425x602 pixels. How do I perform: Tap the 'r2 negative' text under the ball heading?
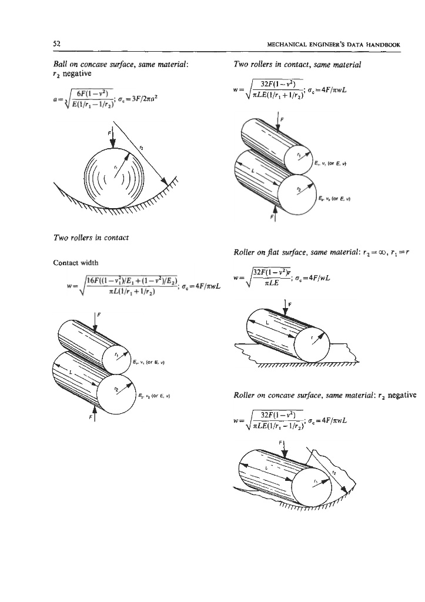point(61,74)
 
